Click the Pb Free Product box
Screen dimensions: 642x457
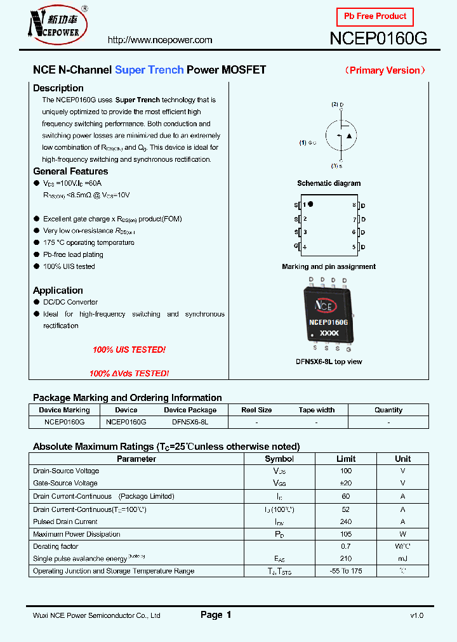click(374, 16)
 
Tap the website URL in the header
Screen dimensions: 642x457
click(160, 40)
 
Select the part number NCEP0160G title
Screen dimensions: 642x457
click(378, 39)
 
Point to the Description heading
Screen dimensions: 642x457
click(58, 88)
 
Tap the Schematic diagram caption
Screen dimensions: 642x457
click(329, 183)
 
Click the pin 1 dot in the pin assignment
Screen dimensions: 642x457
click(311, 204)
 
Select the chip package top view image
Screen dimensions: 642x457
click(328, 315)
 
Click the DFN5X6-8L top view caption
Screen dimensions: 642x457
click(329, 362)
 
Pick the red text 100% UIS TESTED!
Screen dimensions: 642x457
click(129, 350)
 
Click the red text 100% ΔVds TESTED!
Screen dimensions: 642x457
click(129, 374)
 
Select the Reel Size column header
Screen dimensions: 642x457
click(256, 410)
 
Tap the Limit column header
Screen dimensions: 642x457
click(346, 459)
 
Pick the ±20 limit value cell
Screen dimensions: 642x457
click(346, 483)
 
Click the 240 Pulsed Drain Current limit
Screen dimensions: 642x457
click(346, 521)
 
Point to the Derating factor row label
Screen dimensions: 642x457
click(56, 546)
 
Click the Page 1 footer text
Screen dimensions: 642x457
click(216, 615)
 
